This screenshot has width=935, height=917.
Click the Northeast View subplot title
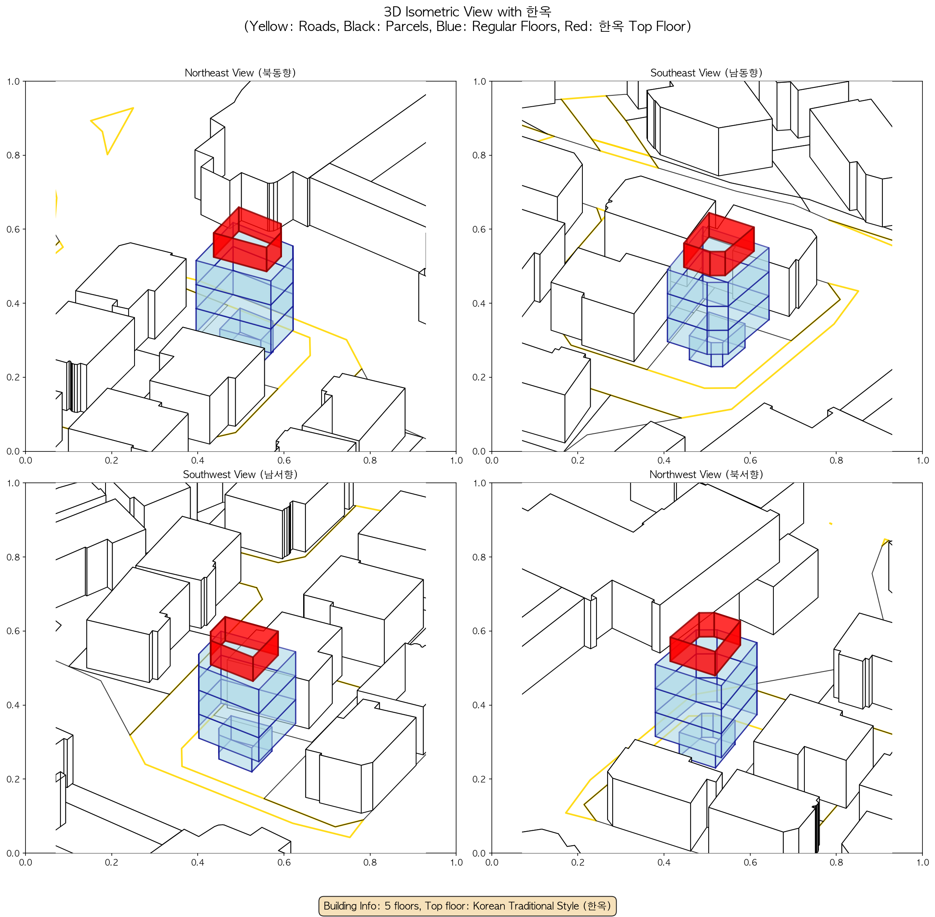tap(240, 73)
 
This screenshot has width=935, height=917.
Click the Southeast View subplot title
tap(706, 73)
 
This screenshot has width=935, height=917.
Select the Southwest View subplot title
tap(240, 475)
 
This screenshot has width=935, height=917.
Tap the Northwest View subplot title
tap(706, 475)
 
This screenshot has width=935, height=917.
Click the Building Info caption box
tap(467, 906)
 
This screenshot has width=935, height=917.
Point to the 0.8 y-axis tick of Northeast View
tap(13, 155)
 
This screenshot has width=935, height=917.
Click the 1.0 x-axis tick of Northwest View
tap(922, 862)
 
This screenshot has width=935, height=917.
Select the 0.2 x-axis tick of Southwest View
tap(111, 862)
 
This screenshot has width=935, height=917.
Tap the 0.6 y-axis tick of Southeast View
tap(480, 229)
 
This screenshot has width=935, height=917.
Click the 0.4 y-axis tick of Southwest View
tap(13, 705)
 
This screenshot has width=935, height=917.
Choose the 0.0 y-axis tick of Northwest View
tap(480, 853)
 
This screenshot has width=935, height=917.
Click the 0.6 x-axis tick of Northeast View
tap(284, 460)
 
